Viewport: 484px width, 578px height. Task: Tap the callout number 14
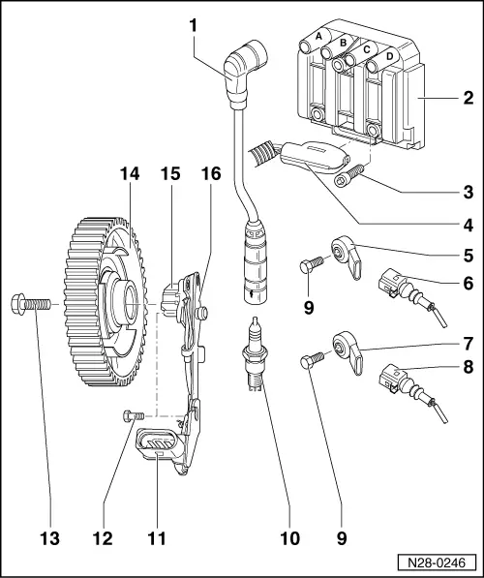pos(130,174)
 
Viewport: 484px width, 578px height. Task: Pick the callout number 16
pos(210,174)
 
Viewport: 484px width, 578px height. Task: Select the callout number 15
pos(170,174)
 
